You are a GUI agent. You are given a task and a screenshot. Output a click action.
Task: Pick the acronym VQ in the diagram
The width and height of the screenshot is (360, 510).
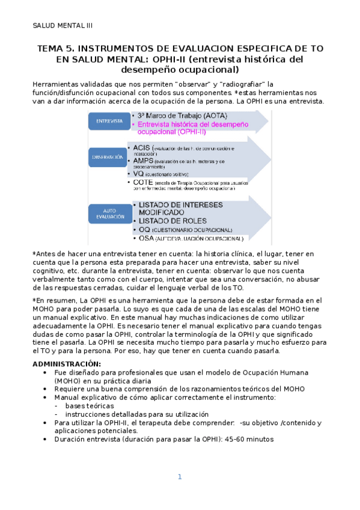[x=136, y=173]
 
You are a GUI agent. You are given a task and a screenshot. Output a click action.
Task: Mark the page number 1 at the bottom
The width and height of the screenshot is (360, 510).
[x=179, y=477]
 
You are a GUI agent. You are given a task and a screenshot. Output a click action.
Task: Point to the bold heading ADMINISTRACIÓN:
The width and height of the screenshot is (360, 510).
[x=67, y=364]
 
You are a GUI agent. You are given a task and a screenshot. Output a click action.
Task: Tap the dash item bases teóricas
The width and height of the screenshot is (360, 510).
[x=90, y=406]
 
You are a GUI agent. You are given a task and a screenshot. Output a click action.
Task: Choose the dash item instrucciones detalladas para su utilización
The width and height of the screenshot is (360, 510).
[x=137, y=414]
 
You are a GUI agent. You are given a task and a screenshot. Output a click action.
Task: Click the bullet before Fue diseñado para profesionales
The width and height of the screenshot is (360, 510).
[x=46, y=372]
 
